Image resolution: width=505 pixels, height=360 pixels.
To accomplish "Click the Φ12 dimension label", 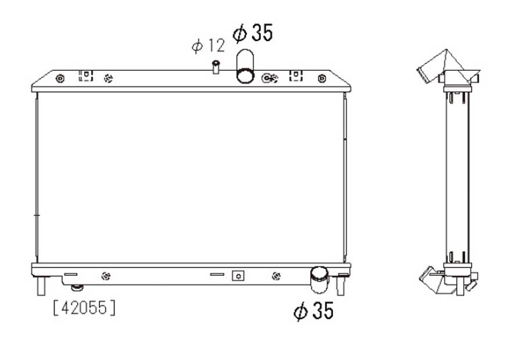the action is (209, 45).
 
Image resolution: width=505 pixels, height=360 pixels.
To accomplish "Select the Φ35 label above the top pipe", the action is (253, 33).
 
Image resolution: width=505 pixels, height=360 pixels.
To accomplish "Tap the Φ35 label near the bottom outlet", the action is (314, 311).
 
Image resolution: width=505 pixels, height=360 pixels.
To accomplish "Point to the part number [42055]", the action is (84, 308).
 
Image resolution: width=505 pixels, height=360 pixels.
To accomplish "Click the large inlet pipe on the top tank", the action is (245, 66).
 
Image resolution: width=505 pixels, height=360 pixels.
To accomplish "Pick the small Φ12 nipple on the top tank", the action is (216, 67).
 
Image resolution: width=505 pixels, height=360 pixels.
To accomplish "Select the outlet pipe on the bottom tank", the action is (319, 280).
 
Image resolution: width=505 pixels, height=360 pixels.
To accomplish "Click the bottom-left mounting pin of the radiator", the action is (41, 286).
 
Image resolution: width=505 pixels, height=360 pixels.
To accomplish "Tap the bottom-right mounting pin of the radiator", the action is (341, 286).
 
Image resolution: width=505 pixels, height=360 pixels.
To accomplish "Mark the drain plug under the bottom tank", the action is (77, 287).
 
